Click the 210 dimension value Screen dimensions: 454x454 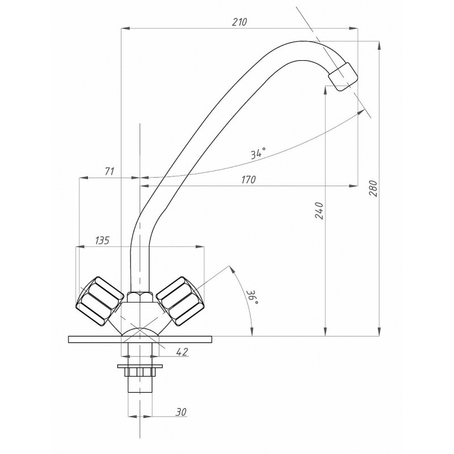pos(239,22)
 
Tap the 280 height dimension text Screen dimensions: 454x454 pos(374,188)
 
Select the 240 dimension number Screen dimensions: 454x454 pos(319,211)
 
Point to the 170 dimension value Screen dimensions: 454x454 pos(249,179)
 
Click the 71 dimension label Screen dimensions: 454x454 pos(109,171)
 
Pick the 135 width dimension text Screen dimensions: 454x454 pos(102,240)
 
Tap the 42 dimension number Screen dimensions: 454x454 pos(182,352)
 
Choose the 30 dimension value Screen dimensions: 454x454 pos(181,412)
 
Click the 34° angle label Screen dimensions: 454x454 pos(258,153)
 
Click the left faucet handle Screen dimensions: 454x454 pos(100,301)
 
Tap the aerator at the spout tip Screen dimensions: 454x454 pos(343,77)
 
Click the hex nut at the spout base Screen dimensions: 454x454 pos(140,297)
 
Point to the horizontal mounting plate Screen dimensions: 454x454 pos(140,339)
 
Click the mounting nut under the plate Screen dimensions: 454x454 pos(140,371)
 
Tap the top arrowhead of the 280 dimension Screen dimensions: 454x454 pos(379,45)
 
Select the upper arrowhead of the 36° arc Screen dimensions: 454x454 pos(232,269)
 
